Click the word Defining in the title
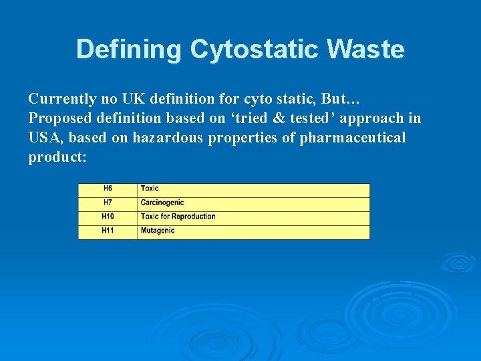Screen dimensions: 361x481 pos(129,49)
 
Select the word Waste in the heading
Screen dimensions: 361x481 pos(372,49)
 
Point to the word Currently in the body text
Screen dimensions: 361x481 pos(63,99)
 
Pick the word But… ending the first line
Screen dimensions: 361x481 pos(341,99)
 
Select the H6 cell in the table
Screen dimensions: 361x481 pos(108,189)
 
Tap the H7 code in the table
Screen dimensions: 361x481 pos(108,203)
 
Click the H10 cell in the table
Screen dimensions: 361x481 pos(108,217)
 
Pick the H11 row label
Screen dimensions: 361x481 pos(108,231)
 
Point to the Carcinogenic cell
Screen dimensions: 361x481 pos(162,203)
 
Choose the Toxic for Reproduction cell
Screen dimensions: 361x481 pos(178,217)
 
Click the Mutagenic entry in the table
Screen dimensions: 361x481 pos(158,231)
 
